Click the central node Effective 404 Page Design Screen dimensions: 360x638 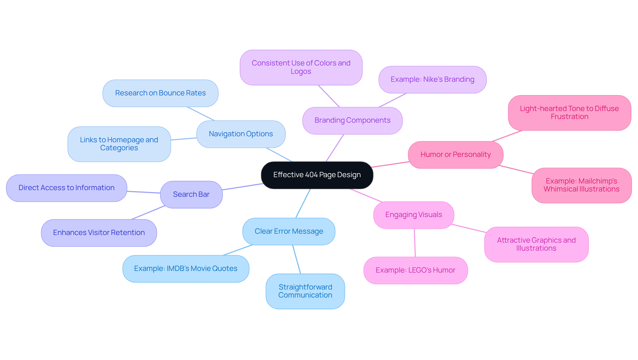point(317,175)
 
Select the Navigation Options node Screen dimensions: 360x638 point(241,134)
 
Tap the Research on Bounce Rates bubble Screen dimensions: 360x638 point(160,93)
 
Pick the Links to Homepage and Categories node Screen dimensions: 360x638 point(119,144)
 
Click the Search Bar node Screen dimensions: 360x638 point(191,194)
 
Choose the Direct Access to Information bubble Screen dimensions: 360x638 point(66,188)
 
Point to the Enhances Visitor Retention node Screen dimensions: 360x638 point(99,233)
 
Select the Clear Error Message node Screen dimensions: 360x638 point(289,231)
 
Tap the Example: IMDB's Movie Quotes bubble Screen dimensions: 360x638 point(186,269)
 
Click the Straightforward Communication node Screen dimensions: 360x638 point(305,291)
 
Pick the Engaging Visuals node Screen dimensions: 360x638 point(413,215)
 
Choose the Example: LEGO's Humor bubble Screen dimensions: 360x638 point(415,270)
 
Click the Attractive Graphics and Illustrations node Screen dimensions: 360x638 point(536,244)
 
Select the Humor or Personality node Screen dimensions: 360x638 point(455,155)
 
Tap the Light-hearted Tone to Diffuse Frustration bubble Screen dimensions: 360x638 point(569,113)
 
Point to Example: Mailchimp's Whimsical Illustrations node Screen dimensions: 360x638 point(581,185)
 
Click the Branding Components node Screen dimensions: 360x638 point(352,120)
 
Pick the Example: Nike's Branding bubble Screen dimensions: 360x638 point(432,79)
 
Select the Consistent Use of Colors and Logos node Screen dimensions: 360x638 point(301,67)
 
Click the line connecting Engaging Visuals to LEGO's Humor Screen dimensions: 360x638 point(415,243)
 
